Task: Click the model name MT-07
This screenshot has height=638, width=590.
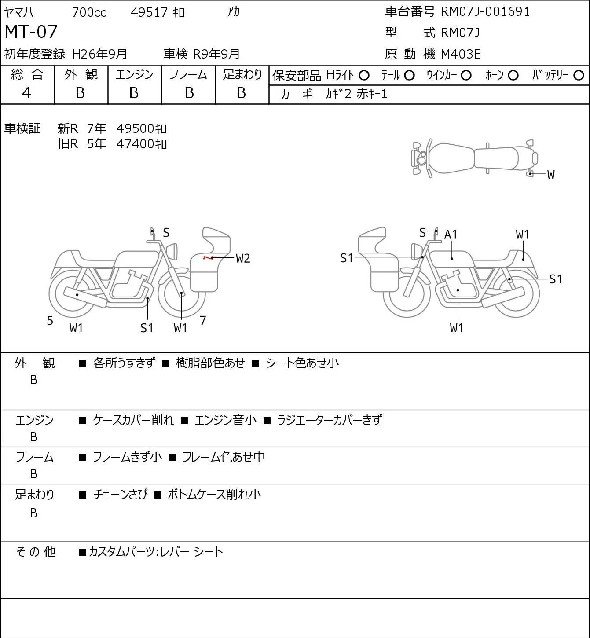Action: tap(31, 32)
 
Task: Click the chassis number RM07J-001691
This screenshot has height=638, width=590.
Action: tap(485, 11)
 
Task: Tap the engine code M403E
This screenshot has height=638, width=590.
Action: tap(461, 54)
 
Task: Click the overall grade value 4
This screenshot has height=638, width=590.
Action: tap(27, 93)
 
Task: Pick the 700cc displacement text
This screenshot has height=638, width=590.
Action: tap(89, 12)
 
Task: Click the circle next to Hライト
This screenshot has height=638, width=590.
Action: tap(364, 76)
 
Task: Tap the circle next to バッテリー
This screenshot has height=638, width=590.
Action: tap(579, 76)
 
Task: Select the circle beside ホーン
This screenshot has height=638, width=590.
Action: tap(513, 76)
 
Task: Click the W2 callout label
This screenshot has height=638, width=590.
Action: tap(243, 258)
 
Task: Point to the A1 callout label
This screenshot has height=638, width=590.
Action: tap(451, 235)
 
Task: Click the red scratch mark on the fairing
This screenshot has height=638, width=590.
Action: tap(207, 257)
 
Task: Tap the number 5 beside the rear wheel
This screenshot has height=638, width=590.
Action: tap(50, 321)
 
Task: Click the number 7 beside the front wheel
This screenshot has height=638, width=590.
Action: tap(203, 321)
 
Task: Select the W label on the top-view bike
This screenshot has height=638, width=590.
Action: tap(551, 175)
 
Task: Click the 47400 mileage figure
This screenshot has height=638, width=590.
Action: tap(136, 144)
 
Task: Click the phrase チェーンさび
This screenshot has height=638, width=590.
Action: tap(121, 495)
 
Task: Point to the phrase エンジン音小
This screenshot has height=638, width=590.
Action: tap(225, 420)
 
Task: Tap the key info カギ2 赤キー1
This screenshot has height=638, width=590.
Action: tap(356, 94)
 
